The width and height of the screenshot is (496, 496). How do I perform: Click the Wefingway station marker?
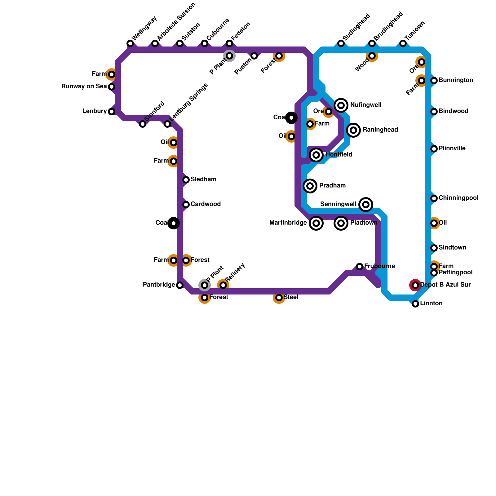click(x=130, y=43)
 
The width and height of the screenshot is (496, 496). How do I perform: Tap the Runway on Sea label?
click(x=84, y=86)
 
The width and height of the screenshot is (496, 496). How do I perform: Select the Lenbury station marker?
click(x=112, y=112)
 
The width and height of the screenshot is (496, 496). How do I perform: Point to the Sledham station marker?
click(x=186, y=180)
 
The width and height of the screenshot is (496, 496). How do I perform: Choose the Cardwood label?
click(x=206, y=204)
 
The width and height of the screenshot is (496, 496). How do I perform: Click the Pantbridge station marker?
click(x=180, y=285)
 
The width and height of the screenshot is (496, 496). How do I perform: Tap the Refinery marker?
click(x=223, y=285)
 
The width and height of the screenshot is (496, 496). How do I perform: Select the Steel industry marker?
click(x=279, y=298)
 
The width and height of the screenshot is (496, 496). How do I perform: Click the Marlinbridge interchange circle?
click(x=316, y=223)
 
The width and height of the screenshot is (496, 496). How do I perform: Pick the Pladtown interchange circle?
click(x=341, y=223)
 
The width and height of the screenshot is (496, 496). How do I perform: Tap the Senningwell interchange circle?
click(x=366, y=205)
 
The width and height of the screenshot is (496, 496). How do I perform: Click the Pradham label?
click(x=332, y=186)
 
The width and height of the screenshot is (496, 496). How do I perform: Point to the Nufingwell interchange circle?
click(x=341, y=105)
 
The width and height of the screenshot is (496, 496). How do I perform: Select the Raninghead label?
click(x=380, y=130)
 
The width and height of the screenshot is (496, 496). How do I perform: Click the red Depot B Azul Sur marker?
click(x=415, y=285)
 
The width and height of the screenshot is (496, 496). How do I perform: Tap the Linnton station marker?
click(x=415, y=304)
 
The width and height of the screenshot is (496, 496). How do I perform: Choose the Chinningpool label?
click(x=458, y=198)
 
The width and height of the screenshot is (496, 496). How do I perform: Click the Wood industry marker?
click(x=372, y=56)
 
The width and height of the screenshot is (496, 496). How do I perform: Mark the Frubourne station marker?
click(x=360, y=267)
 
